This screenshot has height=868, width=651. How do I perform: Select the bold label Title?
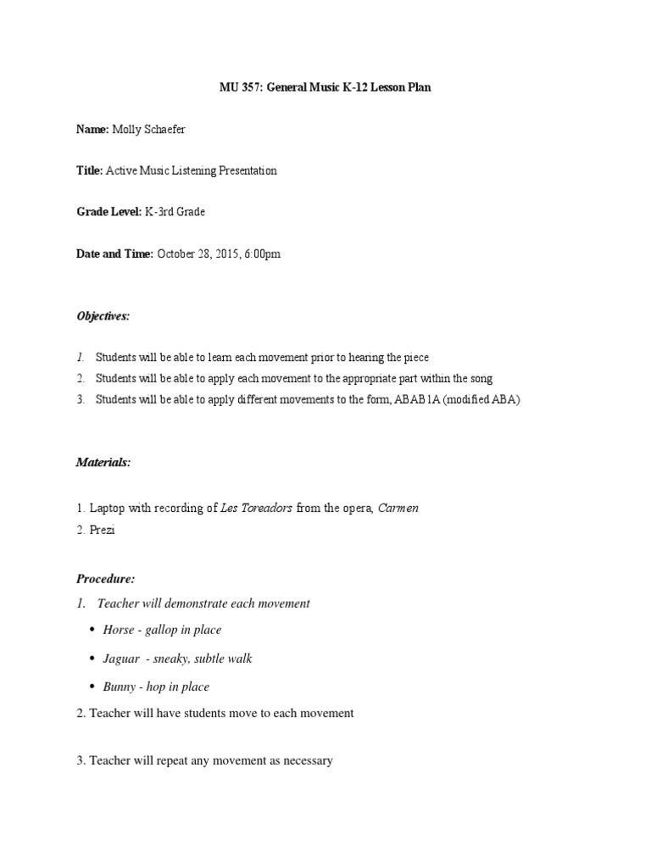click(x=89, y=170)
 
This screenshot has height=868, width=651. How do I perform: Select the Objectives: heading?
click(x=103, y=316)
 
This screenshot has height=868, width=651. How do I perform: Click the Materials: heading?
click(x=103, y=462)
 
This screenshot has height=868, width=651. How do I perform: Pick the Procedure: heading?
click(x=105, y=579)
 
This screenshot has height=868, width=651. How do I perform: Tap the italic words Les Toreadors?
click(x=256, y=508)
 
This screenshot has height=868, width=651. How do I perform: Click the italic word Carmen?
click(x=398, y=508)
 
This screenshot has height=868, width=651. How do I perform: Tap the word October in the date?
click(x=178, y=253)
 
